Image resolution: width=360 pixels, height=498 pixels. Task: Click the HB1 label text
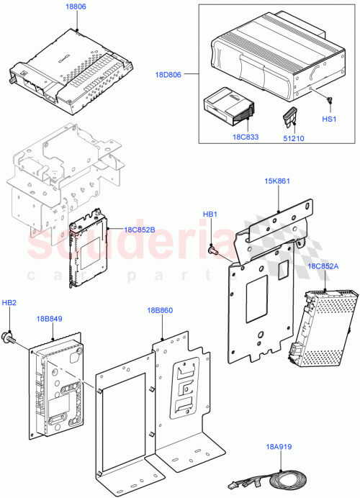coord(210,214)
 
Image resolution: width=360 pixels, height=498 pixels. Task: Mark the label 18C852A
coord(323,266)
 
